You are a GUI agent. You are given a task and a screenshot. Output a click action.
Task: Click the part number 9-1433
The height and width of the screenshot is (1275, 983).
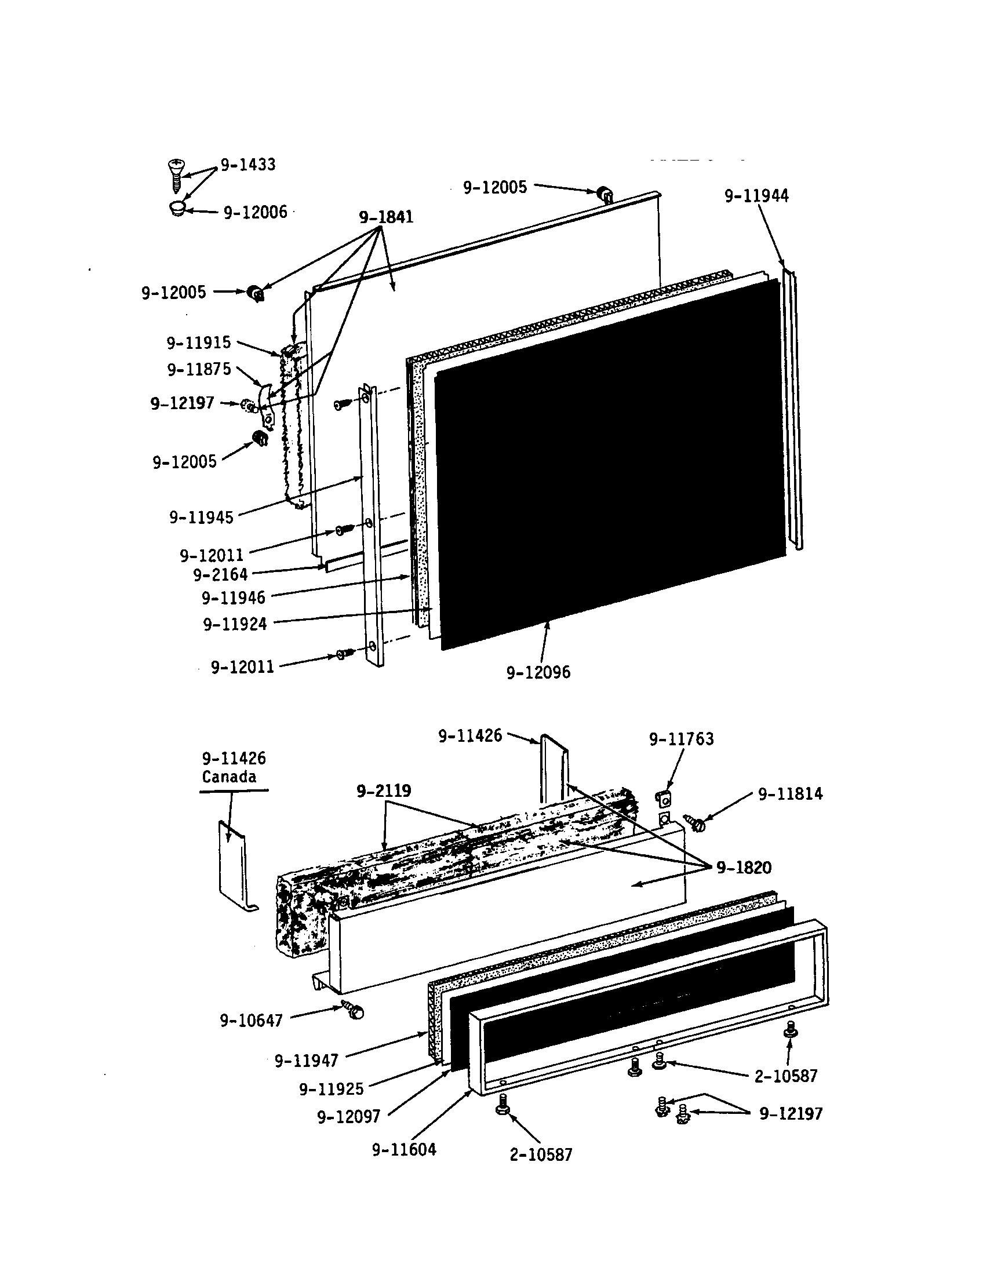247,165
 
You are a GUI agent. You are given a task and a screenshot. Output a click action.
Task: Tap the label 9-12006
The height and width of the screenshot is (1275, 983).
255,213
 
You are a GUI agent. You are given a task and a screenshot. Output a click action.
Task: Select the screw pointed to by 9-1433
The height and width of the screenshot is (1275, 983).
175,174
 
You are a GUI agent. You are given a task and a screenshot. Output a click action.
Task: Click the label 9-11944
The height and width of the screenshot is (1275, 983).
756,196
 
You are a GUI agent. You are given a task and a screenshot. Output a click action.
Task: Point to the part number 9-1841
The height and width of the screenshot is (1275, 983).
386,217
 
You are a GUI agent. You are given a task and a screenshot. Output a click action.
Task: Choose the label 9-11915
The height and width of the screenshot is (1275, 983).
198,343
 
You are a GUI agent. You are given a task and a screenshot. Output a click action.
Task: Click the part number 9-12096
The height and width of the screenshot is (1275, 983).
538,672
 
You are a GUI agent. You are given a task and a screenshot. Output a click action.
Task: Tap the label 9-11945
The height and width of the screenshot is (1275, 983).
201,517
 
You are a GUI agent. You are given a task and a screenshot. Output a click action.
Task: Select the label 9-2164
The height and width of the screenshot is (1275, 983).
220,575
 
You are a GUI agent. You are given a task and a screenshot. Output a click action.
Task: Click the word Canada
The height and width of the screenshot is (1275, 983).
229,777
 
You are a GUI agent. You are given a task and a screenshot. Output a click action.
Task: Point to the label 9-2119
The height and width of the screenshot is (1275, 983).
384,791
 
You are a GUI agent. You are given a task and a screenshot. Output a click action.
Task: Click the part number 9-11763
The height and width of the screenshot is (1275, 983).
681,739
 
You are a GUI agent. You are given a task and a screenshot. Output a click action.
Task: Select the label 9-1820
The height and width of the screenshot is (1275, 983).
744,868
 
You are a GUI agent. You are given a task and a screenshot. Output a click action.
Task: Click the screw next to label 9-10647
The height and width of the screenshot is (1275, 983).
353,1010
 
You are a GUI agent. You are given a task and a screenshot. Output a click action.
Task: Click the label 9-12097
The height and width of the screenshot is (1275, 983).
348,1117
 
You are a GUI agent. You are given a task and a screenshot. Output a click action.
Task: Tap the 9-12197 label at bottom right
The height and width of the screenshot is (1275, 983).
791,1114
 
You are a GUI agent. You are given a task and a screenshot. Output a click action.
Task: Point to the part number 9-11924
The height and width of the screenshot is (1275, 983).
235,624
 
